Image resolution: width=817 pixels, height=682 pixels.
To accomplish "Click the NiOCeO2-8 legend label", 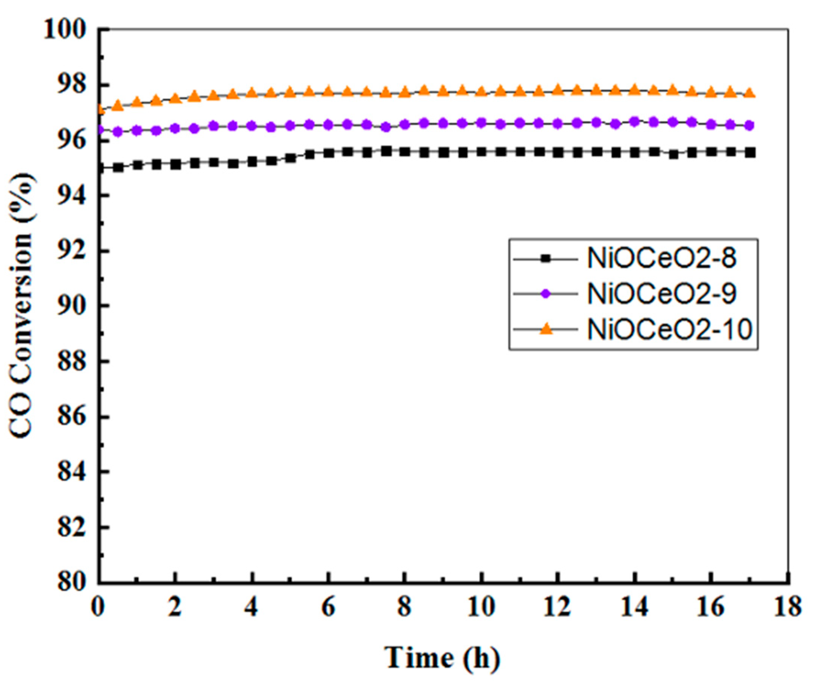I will (x=661, y=258).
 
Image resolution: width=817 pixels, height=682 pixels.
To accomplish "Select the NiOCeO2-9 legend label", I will (x=661, y=294).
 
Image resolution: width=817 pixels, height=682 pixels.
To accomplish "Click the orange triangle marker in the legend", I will (x=547, y=329).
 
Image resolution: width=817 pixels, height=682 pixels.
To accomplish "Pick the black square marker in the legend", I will (x=547, y=258).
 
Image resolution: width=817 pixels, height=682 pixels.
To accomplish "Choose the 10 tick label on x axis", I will (x=481, y=607).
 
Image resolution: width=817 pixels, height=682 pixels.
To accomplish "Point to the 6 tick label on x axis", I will (x=329, y=607).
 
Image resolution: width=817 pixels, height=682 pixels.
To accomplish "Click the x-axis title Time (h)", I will (x=442, y=657).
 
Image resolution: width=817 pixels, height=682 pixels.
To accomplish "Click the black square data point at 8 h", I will (x=405, y=152).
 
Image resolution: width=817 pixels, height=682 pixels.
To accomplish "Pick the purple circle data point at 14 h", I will (x=634, y=121).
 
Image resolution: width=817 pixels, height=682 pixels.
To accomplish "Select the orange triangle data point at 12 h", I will (x=558, y=89).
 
